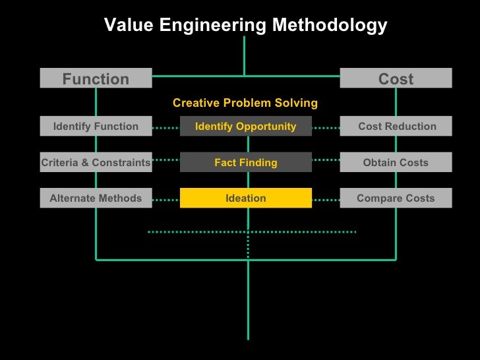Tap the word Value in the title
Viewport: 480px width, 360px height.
pyautogui.click(x=125, y=26)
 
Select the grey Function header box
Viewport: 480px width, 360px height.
pyautogui.click(x=96, y=79)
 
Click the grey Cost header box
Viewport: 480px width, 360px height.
pyautogui.click(x=396, y=79)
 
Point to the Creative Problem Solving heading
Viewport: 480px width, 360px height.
pyautogui.click(x=245, y=103)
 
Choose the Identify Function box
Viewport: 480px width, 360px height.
pyautogui.click(x=96, y=126)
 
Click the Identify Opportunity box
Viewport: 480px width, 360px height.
pyautogui.click(x=245, y=126)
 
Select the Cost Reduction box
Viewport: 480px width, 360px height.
pyautogui.click(x=396, y=126)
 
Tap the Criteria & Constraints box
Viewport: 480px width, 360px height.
pyautogui.click(x=96, y=162)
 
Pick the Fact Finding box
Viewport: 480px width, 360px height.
pyautogui.click(x=245, y=162)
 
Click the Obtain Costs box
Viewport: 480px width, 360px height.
pyautogui.click(x=396, y=162)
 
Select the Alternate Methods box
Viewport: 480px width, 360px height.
pyautogui.click(x=96, y=198)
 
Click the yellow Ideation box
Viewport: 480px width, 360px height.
pyautogui.click(x=245, y=198)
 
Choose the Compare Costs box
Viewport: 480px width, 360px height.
pyautogui.click(x=396, y=198)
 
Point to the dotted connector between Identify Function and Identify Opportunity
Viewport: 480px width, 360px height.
pyautogui.click(x=166, y=127)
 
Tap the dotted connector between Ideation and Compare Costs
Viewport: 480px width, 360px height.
pyautogui.click(x=326, y=198)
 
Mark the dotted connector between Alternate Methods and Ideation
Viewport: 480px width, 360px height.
pyautogui.click(x=166, y=198)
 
